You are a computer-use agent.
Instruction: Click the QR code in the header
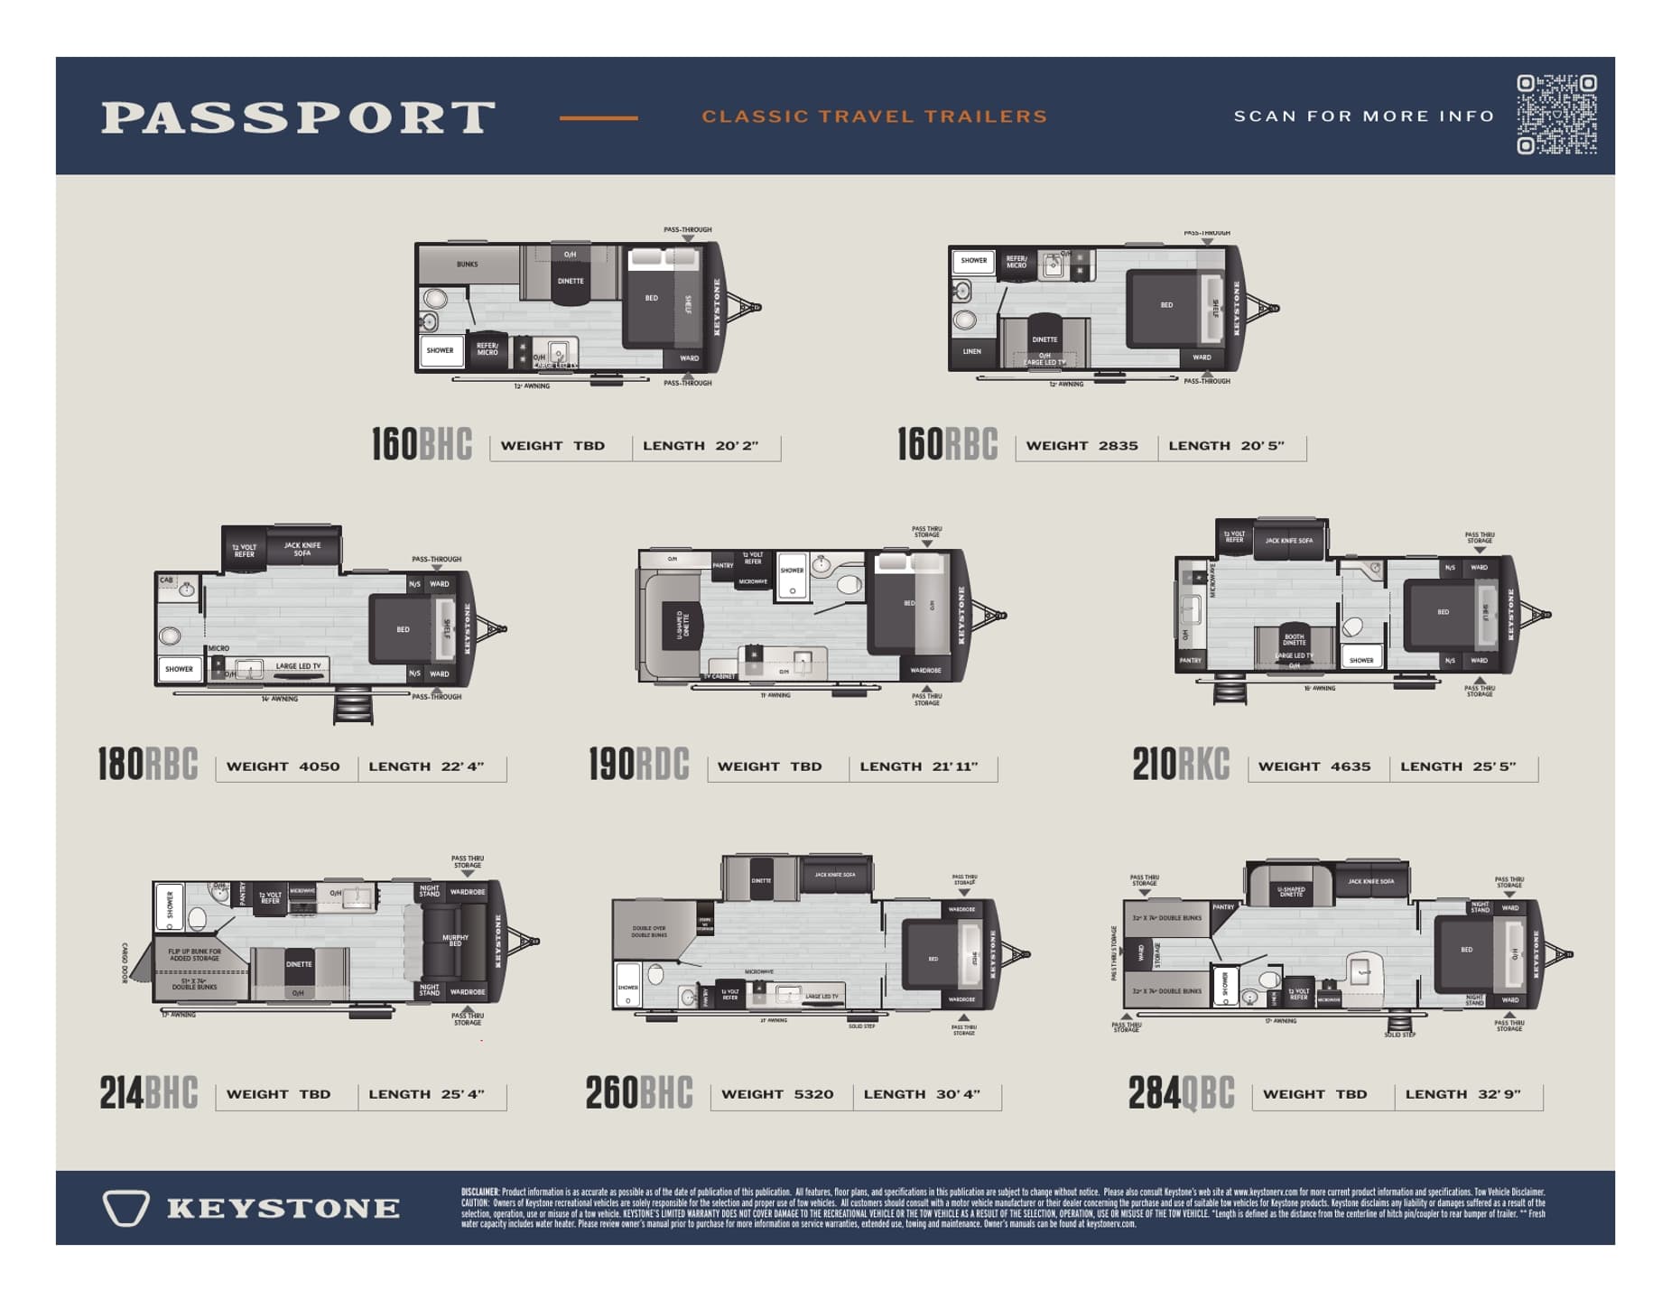1556,115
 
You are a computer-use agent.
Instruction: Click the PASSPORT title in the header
298,117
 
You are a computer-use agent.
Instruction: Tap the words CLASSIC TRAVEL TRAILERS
874,116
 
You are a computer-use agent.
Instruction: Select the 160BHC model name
422,444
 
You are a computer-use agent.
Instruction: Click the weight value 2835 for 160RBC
1118,446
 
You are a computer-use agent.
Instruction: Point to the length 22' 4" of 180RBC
462,766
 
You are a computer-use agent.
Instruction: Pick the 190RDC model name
638,765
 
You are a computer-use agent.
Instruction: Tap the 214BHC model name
148,1093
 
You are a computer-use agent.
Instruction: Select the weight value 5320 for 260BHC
813,1094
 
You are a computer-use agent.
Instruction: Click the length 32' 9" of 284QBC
1499,1094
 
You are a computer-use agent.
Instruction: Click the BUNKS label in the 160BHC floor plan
467,265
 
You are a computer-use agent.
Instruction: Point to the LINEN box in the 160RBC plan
971,351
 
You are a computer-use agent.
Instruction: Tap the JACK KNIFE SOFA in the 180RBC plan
302,548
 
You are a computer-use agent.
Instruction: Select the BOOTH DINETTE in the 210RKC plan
1294,639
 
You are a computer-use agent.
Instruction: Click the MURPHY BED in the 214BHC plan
455,941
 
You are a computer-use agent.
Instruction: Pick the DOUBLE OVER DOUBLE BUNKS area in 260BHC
649,932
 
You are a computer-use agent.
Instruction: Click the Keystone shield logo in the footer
125,1208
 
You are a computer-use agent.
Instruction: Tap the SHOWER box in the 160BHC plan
440,350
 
